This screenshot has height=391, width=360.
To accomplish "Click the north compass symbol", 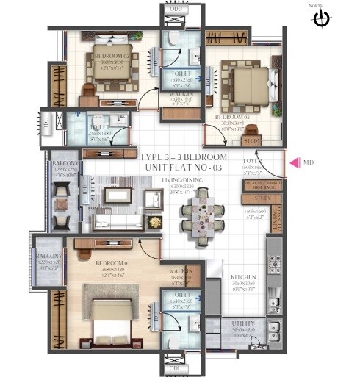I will pyautogui.click(x=320, y=18).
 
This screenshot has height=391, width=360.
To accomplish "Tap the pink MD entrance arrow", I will pyautogui.click(x=293, y=162).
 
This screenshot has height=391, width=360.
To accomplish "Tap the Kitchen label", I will pyautogui.click(x=242, y=277).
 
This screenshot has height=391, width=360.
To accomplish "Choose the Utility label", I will pyautogui.click(x=242, y=323).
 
